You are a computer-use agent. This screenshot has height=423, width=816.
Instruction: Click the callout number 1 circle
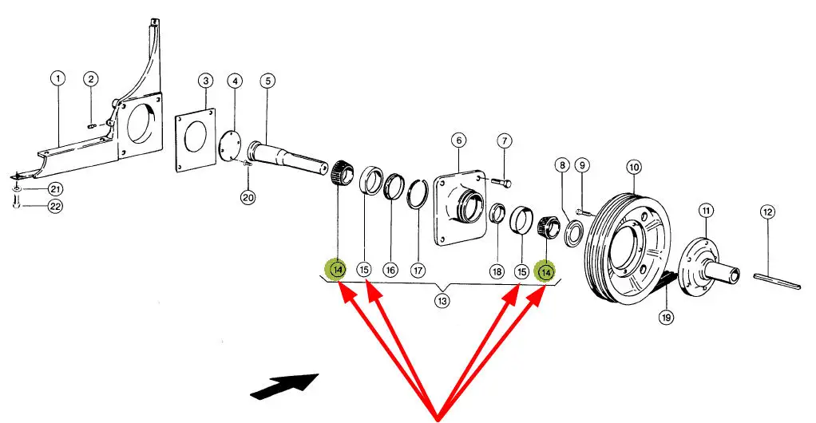(57, 78)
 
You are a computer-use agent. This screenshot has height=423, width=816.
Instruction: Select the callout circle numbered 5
(267, 81)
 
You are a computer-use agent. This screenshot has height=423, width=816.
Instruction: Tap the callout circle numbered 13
(442, 301)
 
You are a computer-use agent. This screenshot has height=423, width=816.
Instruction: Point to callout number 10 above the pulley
(633, 168)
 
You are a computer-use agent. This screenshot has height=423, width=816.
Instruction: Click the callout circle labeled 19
(667, 317)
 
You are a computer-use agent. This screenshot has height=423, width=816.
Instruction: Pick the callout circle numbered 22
(55, 206)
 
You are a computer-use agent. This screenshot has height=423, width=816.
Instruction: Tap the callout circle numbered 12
(767, 212)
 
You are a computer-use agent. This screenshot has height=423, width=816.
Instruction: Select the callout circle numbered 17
(418, 271)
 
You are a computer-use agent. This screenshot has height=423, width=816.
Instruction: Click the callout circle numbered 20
(248, 197)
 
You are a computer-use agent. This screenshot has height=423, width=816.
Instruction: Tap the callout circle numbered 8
(563, 166)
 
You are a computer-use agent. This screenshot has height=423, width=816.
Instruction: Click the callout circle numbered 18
(497, 271)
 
